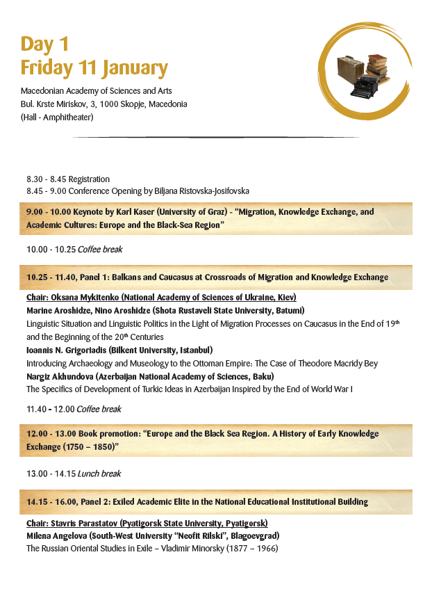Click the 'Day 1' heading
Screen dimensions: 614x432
click(44, 44)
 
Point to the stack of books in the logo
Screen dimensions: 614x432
click(376, 65)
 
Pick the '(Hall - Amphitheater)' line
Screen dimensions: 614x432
click(57, 117)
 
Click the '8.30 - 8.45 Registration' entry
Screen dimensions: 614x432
click(68, 179)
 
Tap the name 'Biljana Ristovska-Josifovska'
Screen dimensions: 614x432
click(199, 191)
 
